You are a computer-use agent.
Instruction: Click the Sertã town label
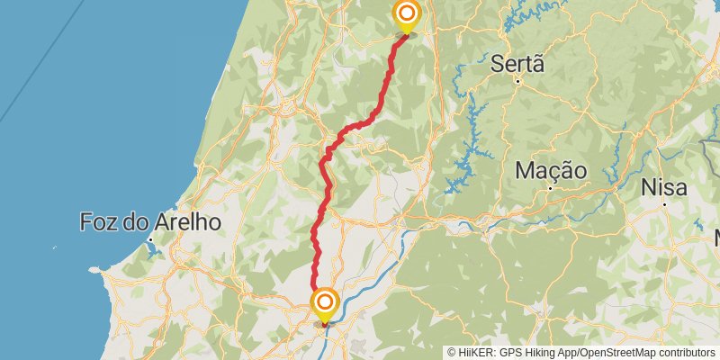click(x=519, y=64)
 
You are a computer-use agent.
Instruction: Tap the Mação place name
click(x=552, y=170)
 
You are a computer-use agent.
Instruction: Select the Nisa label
click(x=663, y=188)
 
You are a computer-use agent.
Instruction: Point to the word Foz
click(x=99, y=221)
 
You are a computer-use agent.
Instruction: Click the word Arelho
click(x=184, y=221)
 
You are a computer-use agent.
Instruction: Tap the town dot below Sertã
click(x=519, y=82)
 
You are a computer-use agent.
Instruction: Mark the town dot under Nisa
click(x=663, y=205)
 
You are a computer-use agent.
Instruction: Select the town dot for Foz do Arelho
click(x=149, y=239)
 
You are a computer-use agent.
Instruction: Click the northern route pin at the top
click(x=407, y=13)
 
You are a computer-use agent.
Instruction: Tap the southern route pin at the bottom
click(x=325, y=301)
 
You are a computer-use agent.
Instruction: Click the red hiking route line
click(x=324, y=180)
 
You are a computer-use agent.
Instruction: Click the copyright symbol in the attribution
click(x=453, y=353)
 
